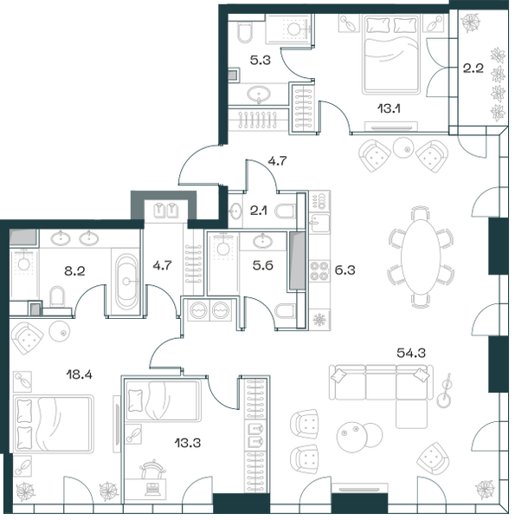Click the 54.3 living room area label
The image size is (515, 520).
(411, 353)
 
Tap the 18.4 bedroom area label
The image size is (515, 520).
(79, 374)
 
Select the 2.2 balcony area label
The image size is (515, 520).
(473, 68)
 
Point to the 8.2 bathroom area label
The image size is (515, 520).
(74, 271)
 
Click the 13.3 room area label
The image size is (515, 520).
(188, 442)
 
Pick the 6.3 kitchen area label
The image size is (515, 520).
(344, 270)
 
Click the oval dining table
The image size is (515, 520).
(421, 257)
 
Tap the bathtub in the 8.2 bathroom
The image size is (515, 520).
(126, 281)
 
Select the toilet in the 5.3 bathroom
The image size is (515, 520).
(246, 32)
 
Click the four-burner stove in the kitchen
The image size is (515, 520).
(319, 270)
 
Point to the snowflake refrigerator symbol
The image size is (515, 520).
(319, 320)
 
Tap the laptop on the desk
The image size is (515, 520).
(152, 489)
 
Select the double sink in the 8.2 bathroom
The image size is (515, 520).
(74, 237)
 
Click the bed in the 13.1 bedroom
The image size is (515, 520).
(391, 55)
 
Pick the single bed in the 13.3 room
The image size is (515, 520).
(163, 400)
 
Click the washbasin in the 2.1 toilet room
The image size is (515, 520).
(235, 211)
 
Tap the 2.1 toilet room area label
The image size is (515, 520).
(258, 211)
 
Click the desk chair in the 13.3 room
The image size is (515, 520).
(152, 469)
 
